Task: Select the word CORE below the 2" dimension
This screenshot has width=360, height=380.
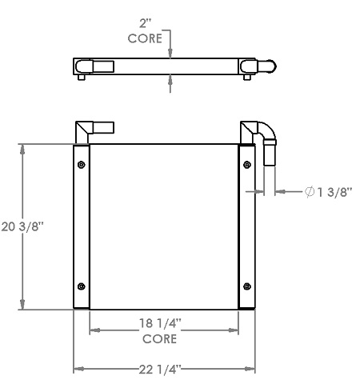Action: pos(145,38)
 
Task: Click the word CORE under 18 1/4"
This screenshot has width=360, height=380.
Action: pos(159,338)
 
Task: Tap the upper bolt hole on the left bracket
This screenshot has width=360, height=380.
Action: pos(82,166)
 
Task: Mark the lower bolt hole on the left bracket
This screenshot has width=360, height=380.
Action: pos(82,287)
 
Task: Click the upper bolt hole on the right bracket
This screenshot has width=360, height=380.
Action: pos(246,166)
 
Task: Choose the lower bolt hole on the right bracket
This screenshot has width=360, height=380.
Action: pos(246,287)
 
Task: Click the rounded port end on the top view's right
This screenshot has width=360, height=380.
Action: pos(270,66)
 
